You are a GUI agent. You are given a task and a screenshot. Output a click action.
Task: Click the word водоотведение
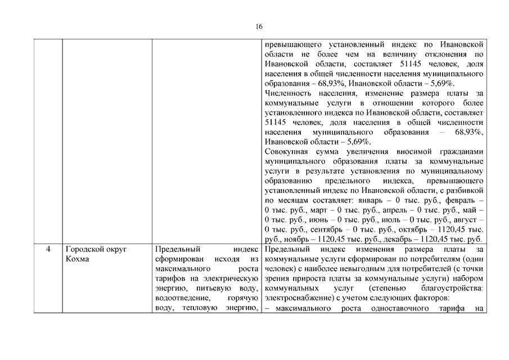click(x=181, y=298)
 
